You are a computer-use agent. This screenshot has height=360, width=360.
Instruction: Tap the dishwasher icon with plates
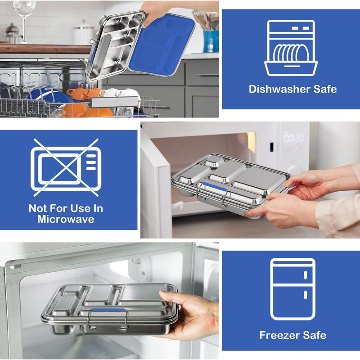(291, 48)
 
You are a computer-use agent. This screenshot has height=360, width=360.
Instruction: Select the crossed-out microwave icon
(66, 167)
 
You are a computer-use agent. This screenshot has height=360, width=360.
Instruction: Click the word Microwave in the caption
(66, 219)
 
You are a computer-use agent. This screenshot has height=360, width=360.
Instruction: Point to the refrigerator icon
(293, 289)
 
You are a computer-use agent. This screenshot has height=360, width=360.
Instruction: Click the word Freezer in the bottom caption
(279, 335)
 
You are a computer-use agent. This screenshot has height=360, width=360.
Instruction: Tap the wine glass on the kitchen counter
(24, 21)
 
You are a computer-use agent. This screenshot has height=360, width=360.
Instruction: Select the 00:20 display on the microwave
(294, 138)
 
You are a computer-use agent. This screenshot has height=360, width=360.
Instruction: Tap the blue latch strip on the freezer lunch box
(108, 310)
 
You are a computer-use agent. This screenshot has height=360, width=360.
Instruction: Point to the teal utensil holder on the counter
(211, 41)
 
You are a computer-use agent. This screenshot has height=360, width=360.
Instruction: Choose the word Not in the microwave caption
(37, 208)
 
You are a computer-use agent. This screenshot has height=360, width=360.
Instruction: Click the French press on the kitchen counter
(13, 33)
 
